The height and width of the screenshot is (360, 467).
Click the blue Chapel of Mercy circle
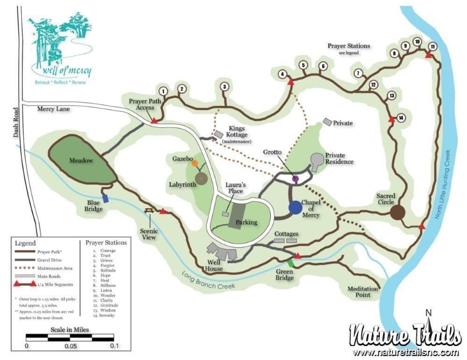pyautogui.click(x=295, y=207)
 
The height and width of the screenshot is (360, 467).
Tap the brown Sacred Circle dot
pyautogui.click(x=397, y=212)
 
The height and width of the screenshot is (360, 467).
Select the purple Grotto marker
pyautogui.click(x=295, y=178)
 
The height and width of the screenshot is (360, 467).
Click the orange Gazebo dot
pyautogui.click(x=195, y=163)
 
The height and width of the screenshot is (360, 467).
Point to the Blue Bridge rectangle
pyautogui.click(x=106, y=198)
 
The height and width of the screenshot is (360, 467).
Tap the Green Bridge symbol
pyautogui.click(x=290, y=263)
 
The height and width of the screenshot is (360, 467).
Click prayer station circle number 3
pyautogui.click(x=225, y=87)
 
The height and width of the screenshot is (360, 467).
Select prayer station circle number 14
pyautogui.click(x=400, y=117)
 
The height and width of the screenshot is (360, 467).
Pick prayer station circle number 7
pyautogui.click(x=358, y=73)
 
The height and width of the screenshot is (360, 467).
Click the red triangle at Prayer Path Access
pyautogui.click(x=154, y=121)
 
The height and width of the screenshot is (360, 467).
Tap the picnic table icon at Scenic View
pyautogui.click(x=150, y=211)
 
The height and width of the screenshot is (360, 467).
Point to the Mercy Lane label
pyautogui.click(x=53, y=109)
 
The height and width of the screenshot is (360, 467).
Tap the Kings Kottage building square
pyautogui.click(x=219, y=134)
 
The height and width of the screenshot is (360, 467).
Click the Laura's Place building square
pyautogui.click(x=226, y=214)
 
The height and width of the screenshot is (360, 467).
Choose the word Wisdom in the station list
pyautogui.click(x=108, y=310)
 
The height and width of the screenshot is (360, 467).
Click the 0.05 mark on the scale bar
pyautogui.click(x=70, y=346)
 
